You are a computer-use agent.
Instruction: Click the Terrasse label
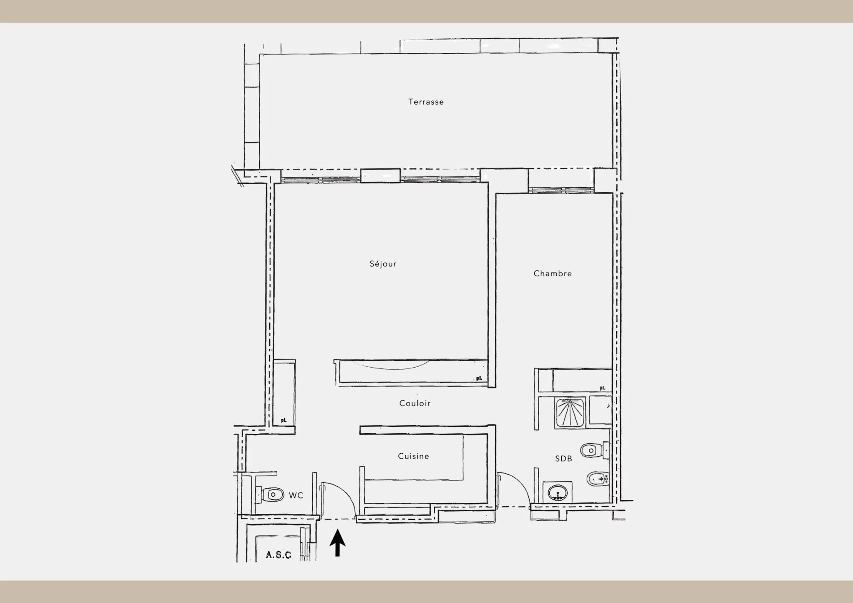click(x=426, y=102)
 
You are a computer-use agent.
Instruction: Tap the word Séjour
click(x=383, y=264)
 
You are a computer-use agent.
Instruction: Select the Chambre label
click(x=552, y=273)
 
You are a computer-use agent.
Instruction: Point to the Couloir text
click(x=415, y=403)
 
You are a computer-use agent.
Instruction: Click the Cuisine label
click(x=413, y=456)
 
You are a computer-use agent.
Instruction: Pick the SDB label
click(x=563, y=458)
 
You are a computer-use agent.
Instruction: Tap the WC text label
click(x=296, y=495)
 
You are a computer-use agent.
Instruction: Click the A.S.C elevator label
click(x=279, y=555)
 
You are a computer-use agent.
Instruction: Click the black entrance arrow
click(x=337, y=543)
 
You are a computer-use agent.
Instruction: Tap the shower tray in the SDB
click(x=570, y=413)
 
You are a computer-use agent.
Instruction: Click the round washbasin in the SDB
click(x=557, y=493)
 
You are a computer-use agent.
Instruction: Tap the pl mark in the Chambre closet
click(x=602, y=388)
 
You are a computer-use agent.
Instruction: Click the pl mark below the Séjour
click(x=479, y=378)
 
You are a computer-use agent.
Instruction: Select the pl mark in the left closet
click(x=284, y=420)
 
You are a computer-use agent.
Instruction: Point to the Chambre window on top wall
click(x=561, y=190)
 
